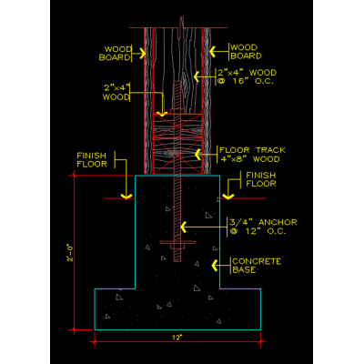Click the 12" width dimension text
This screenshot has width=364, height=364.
pyautogui.click(x=177, y=338)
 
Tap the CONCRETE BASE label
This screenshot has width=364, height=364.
pyautogui.click(x=257, y=266)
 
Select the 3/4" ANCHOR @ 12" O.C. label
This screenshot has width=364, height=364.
pyautogui.click(x=263, y=227)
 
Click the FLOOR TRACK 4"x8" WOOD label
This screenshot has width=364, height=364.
pyautogui.click(x=252, y=155)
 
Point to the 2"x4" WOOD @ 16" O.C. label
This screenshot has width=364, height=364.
pyautogui.click(x=247, y=76)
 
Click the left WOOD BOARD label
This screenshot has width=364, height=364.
pyautogui.click(x=116, y=54)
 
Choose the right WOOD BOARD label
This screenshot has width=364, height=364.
pyautogui.click(x=246, y=52)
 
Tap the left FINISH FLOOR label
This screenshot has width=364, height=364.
pyautogui.click(x=92, y=160)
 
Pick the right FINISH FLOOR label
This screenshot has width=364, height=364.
pyautogui.click(x=261, y=179)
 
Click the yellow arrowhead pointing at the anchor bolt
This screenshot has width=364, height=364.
pyautogui.click(x=184, y=227)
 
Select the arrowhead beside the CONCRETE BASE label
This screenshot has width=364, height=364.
pyautogui.click(x=215, y=266)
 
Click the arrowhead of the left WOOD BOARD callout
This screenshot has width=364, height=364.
pyautogui.click(x=143, y=54)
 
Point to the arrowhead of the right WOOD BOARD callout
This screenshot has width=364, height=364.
pyautogui.click(x=213, y=52)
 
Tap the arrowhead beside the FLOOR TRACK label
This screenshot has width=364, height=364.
pyautogui.click(x=197, y=155)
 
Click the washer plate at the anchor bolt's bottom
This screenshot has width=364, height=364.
pyautogui.click(x=177, y=242)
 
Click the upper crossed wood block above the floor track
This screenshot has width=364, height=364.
pyautogui.click(x=177, y=126)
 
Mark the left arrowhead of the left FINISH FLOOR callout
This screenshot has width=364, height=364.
pyautogui.click(x=126, y=197)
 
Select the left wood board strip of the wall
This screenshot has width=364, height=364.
pyautogui.click(x=148, y=101)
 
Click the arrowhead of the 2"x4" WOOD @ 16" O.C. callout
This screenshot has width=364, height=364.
pyautogui.click(x=197, y=76)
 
